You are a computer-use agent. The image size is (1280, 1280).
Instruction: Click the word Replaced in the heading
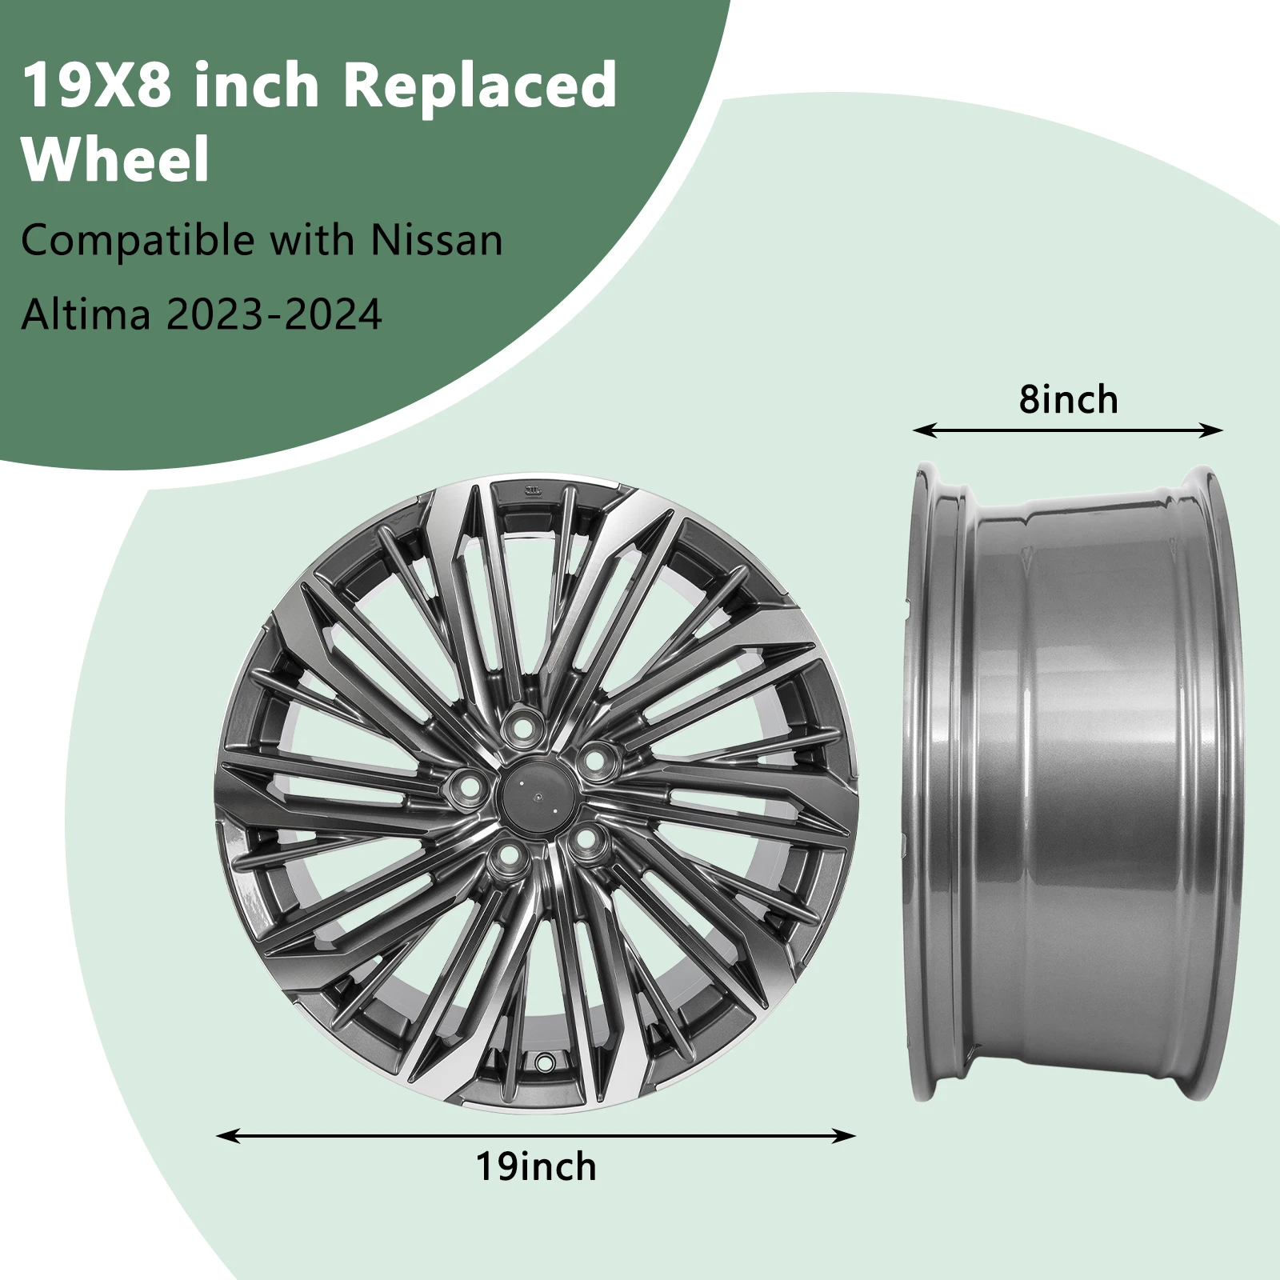pyautogui.click(x=480, y=85)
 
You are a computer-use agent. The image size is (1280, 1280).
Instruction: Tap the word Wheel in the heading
pyautogui.click(x=116, y=158)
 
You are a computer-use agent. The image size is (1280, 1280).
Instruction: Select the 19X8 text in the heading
pyautogui.click(x=97, y=85)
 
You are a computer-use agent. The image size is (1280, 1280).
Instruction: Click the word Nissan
pyautogui.click(x=437, y=240)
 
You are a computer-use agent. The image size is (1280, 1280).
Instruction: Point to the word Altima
pyautogui.click(x=86, y=314)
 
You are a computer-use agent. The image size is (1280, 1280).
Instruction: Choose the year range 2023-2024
pyautogui.click(x=274, y=314)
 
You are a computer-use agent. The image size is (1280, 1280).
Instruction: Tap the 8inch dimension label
pyautogui.click(x=1068, y=399)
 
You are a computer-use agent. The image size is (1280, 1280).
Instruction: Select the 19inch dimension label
pyautogui.click(x=536, y=1166)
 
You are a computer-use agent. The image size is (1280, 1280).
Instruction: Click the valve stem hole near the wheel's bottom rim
pyautogui.click(x=545, y=1063)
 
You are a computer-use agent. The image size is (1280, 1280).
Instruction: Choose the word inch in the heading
pyautogui.click(x=256, y=85)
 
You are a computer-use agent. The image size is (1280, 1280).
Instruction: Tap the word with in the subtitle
pyautogui.click(x=312, y=240)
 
